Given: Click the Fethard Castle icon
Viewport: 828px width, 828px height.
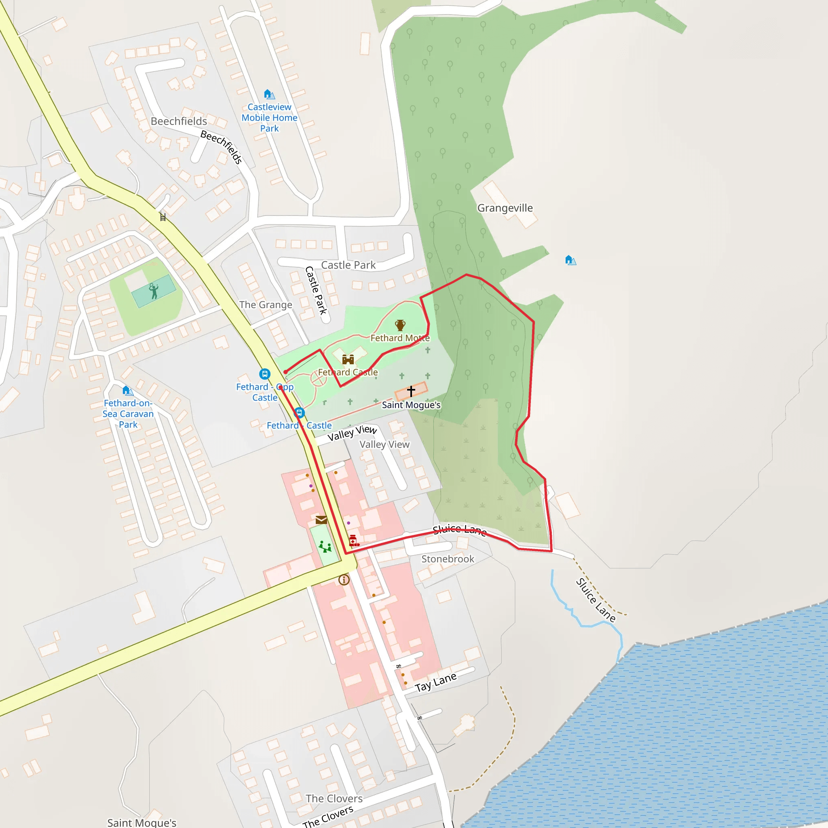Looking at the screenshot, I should tap(348, 359).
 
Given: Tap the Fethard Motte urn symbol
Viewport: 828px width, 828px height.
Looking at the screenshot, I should tap(400, 325).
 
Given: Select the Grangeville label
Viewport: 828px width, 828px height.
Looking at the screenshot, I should tap(505, 208).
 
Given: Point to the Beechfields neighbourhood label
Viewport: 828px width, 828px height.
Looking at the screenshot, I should tap(179, 121).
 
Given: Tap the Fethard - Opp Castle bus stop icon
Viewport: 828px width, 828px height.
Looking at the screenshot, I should tap(265, 374).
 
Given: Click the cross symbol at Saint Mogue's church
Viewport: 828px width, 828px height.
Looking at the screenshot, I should tap(411, 391).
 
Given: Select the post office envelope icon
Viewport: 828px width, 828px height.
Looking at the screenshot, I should tap(321, 520).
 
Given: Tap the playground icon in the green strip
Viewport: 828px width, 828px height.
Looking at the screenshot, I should tap(325, 547).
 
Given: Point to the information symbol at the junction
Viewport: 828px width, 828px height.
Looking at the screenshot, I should tap(344, 580).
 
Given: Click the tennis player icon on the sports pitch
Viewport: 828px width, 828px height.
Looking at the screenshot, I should tap(153, 291).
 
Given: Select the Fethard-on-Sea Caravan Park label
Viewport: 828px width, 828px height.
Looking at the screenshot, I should tap(128, 414).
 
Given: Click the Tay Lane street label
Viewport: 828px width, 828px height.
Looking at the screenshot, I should tap(435, 682).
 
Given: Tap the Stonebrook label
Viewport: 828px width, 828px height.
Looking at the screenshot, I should tap(448, 559).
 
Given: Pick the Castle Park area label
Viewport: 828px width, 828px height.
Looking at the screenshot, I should tap(349, 265).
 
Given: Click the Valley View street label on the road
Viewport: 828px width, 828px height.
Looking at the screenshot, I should tap(352, 433).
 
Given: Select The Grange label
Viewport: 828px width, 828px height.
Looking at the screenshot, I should tap(266, 305).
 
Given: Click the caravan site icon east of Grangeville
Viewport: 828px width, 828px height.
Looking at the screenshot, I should tap(570, 260).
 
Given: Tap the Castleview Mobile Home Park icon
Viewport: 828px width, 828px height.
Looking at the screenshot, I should tap(269, 94).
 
